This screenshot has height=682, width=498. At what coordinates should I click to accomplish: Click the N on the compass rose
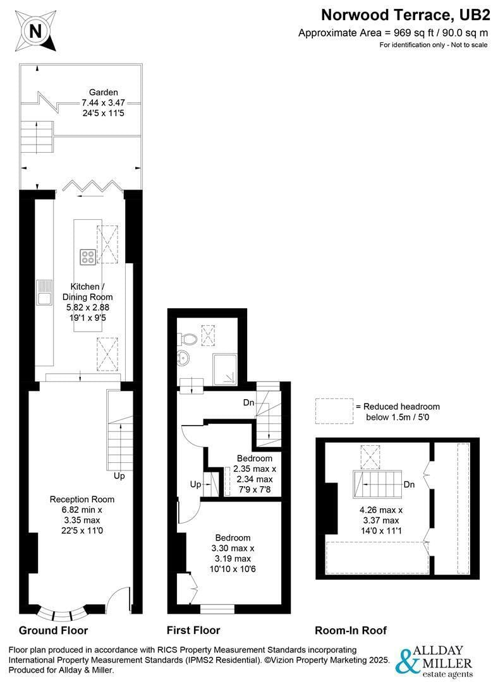(x=35, y=32)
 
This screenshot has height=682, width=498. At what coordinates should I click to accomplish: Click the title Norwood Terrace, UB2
(x=405, y=15)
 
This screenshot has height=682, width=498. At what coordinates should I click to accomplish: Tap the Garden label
(x=103, y=92)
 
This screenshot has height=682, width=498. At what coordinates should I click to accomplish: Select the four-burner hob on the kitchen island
(x=87, y=256)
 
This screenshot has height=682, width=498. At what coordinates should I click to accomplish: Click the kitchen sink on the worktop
(x=44, y=292)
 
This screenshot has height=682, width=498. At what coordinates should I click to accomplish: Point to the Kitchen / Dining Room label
(x=87, y=292)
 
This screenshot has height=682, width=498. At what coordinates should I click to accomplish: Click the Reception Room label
(x=82, y=500)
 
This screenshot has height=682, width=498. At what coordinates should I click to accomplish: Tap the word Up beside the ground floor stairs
(x=119, y=476)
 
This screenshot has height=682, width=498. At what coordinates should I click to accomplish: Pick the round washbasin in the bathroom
(x=183, y=359)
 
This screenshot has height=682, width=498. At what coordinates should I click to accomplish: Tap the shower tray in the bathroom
(x=225, y=369)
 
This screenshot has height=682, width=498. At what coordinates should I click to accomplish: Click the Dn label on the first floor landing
(x=248, y=403)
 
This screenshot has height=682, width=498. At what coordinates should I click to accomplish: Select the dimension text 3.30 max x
(x=233, y=548)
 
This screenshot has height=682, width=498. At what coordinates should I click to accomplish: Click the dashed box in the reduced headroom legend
(x=334, y=411)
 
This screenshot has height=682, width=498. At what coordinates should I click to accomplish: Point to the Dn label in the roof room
(x=409, y=484)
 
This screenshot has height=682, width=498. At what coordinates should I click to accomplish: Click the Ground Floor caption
(x=53, y=631)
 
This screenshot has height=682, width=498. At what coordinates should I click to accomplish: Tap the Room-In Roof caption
(x=351, y=631)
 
